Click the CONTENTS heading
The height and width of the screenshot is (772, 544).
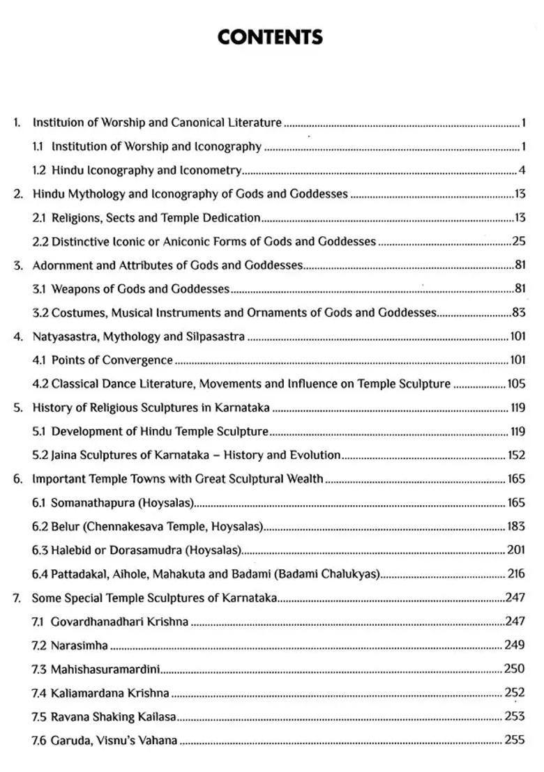tap(270, 37)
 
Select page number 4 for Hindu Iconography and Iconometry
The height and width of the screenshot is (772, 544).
tap(522, 170)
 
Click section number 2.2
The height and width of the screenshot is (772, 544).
tap(40, 242)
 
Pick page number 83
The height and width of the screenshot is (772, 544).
tap(518, 313)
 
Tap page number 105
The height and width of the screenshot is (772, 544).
tap(516, 384)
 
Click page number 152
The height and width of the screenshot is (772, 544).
tap(515, 456)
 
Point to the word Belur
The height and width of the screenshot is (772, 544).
tap(66, 527)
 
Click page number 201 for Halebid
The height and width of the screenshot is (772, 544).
tap(516, 550)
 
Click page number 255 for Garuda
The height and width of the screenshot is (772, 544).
tap(515, 740)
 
